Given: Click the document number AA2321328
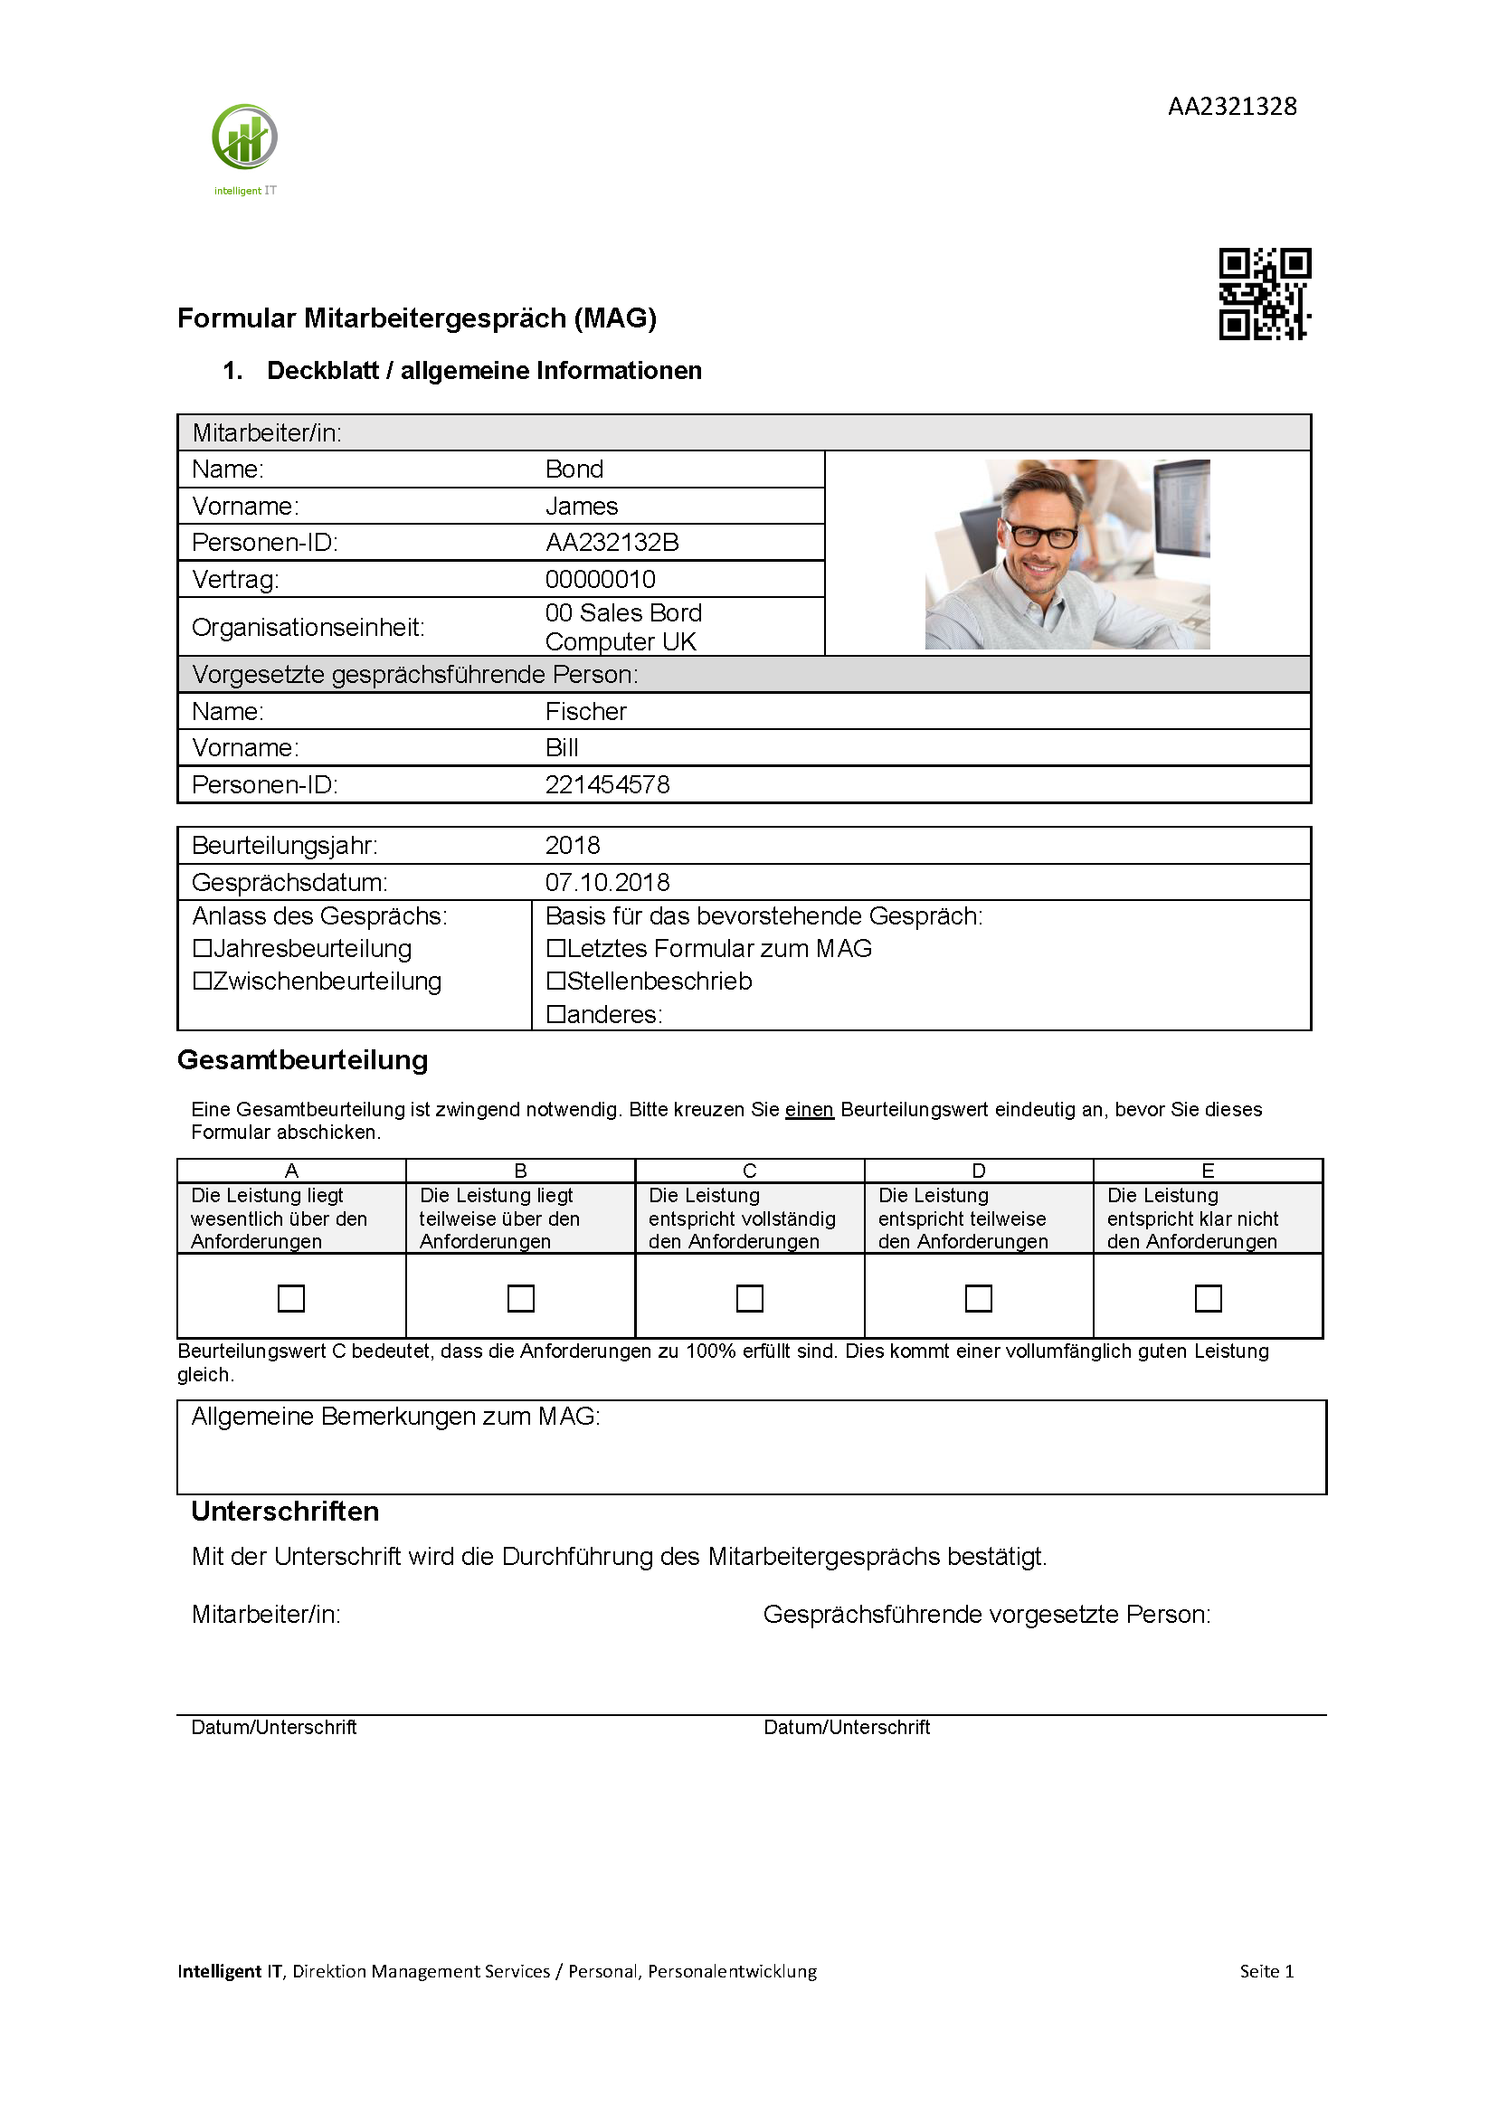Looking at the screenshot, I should coord(1231,107).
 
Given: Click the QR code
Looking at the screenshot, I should coord(1265,293).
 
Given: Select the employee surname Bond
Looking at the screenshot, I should coord(574,469).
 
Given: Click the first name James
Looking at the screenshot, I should coord(582,506).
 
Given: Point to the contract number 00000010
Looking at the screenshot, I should coord(600,580).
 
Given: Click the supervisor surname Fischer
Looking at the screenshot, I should coord(585,711).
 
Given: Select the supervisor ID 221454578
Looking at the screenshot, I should coord(607,785).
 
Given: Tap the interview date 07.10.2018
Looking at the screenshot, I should coord(607,882).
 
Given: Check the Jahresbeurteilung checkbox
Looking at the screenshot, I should coord(203,948).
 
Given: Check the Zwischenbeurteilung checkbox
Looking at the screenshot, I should coord(203,981).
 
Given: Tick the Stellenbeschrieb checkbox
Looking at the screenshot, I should coord(555,981).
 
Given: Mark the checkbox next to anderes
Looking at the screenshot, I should coord(555,1014).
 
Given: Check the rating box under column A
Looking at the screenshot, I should coord(290,1298).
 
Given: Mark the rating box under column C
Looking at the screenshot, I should coord(749,1298).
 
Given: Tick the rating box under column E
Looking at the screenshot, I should coord(1208,1298).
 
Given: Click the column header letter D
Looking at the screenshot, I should coord(978,1171).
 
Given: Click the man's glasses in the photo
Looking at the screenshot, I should coord(1040,536).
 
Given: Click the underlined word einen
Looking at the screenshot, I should coord(809,1109).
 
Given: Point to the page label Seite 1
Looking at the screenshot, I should coord(1266,1971).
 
